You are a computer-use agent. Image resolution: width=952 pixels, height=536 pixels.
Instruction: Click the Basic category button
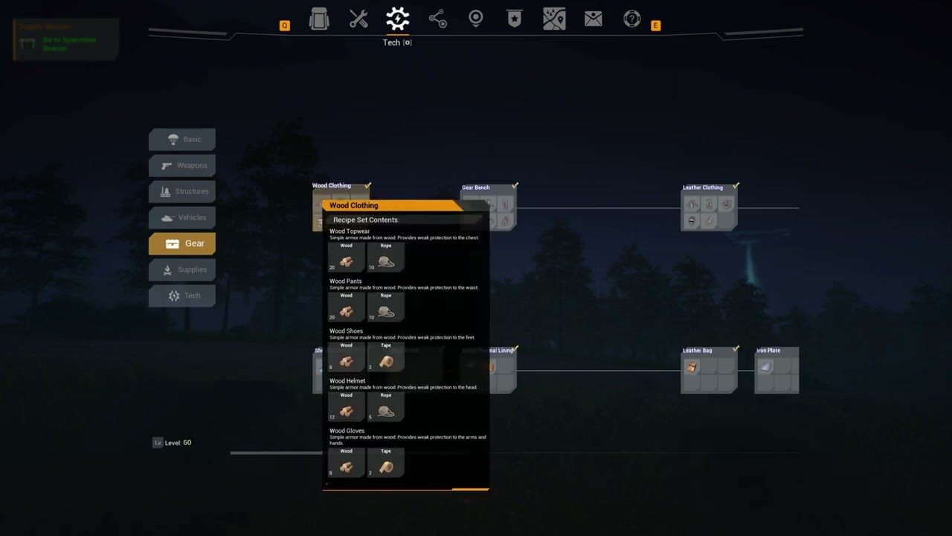click(182, 139)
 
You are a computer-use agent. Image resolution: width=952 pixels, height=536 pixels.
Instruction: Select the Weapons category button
click(182, 165)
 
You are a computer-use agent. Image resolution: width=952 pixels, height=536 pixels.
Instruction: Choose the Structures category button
click(182, 191)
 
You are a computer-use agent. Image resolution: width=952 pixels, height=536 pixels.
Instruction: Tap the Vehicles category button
click(182, 217)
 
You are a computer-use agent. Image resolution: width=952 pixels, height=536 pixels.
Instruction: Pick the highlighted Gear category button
click(182, 243)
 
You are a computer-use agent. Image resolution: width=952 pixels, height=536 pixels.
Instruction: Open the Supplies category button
click(182, 269)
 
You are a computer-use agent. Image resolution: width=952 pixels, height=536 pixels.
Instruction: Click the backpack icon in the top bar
click(319, 19)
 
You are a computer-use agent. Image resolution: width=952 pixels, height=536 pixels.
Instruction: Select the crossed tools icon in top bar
click(358, 19)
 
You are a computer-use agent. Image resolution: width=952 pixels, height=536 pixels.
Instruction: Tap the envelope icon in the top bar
click(594, 19)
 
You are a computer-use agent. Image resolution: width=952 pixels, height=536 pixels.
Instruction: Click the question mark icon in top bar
click(632, 19)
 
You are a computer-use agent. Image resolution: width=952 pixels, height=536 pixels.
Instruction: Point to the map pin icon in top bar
click(476, 19)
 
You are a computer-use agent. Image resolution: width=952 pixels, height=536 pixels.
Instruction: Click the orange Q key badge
click(284, 26)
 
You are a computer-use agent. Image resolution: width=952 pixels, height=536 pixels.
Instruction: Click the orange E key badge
click(655, 26)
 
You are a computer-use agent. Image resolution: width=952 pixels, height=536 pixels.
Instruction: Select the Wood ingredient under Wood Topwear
click(347, 258)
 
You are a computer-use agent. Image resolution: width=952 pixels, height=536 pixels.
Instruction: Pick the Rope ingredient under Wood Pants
click(386, 307)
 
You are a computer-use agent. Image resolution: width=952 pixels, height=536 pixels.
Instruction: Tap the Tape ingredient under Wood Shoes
click(386, 357)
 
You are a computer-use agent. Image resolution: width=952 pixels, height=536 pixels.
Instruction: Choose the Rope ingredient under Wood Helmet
click(386, 407)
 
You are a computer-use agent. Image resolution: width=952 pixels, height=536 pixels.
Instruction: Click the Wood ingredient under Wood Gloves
click(347, 463)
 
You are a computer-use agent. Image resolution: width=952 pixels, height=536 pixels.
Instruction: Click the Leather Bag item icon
click(692, 367)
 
